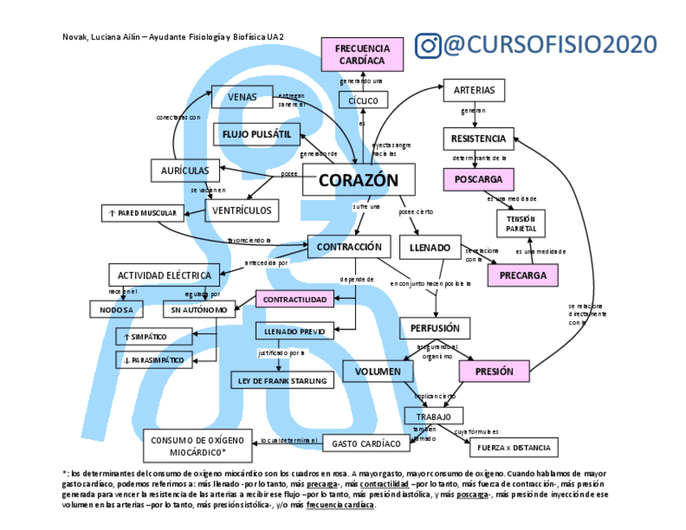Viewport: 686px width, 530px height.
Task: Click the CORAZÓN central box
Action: pyautogui.click(x=358, y=180)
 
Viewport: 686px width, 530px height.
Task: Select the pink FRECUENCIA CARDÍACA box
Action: pyautogui.click(x=362, y=54)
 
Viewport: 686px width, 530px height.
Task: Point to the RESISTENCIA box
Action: pyautogui.click(x=478, y=138)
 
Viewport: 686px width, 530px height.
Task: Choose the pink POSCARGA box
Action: pyautogui.click(x=478, y=179)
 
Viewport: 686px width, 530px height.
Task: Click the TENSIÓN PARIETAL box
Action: pyautogui.click(x=521, y=223)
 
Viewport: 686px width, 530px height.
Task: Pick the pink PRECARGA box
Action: pyautogui.click(x=523, y=275)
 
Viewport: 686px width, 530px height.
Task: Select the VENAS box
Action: pyautogui.click(x=242, y=97)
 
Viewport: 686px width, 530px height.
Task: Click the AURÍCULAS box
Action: pyautogui.click(x=185, y=171)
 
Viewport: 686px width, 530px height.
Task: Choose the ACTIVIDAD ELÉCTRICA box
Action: pyautogui.click(x=164, y=275)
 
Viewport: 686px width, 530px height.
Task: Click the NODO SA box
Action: pyautogui.click(x=116, y=309)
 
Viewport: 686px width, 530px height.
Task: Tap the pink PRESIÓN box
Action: pyautogui.click(x=493, y=371)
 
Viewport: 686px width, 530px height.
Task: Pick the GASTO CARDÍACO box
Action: pyautogui.click(x=366, y=443)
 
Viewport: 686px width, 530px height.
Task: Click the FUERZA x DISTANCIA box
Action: pyautogui.click(x=514, y=447)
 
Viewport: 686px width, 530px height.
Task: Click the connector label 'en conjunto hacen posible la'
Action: pyautogui.click(x=430, y=284)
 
